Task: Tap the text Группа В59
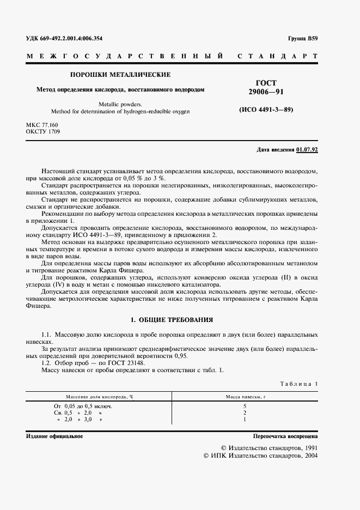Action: tap(303, 38)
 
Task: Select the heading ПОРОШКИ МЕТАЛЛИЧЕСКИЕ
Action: tap(121, 75)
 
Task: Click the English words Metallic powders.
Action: tap(121, 103)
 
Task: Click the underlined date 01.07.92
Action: tap(307, 149)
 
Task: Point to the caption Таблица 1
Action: tap(298, 384)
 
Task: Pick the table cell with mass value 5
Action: tap(245, 406)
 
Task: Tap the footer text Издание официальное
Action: tap(54, 436)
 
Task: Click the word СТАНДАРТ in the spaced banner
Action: tap(277, 56)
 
